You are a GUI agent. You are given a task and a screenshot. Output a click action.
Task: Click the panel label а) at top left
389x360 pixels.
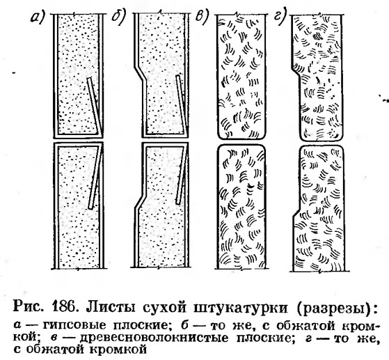click(37, 18)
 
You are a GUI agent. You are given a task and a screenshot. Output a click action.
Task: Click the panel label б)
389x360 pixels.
click(119, 18)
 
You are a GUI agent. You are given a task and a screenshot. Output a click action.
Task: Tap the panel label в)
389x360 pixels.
click(201, 18)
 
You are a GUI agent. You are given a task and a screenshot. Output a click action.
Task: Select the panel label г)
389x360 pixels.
click(280, 17)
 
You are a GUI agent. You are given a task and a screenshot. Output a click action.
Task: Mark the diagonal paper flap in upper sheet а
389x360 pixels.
click(95, 107)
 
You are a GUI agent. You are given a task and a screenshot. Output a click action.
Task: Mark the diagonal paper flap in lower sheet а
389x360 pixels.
click(96, 177)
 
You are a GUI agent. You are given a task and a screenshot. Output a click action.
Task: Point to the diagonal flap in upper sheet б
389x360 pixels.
click(181, 104)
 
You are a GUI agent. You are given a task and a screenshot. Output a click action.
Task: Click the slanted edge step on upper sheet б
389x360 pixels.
click(139, 73)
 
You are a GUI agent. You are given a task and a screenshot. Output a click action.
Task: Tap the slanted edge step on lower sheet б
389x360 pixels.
click(140, 198)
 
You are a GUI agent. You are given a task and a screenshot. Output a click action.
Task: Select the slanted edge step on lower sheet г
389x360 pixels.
click(296, 212)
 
